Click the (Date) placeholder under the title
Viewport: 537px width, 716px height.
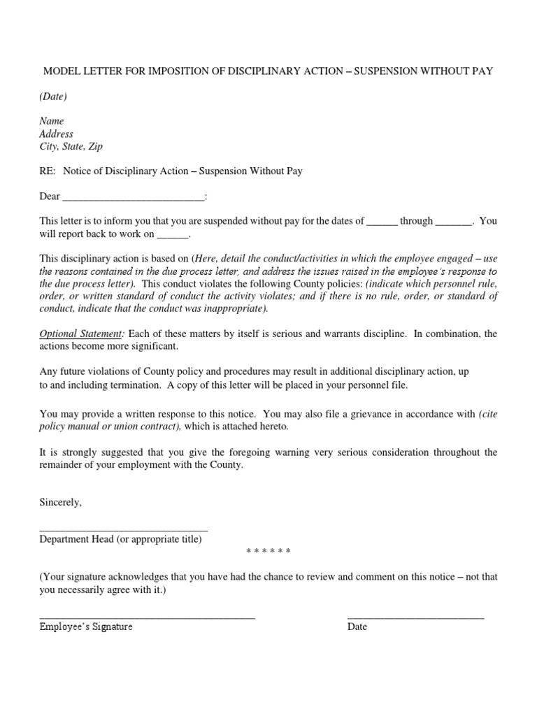tap(53, 96)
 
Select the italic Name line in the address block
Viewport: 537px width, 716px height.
tap(51, 121)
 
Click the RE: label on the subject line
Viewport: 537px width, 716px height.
tap(48, 171)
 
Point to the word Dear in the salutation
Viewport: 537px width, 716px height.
tap(50, 196)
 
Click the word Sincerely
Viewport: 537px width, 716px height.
tap(61, 503)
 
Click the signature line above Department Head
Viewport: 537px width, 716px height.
tap(124, 531)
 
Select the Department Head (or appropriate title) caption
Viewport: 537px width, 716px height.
tap(120, 540)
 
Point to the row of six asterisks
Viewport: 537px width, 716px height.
tap(268, 552)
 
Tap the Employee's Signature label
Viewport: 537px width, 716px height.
tap(86, 626)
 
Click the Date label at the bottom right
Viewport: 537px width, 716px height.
tap(357, 626)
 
